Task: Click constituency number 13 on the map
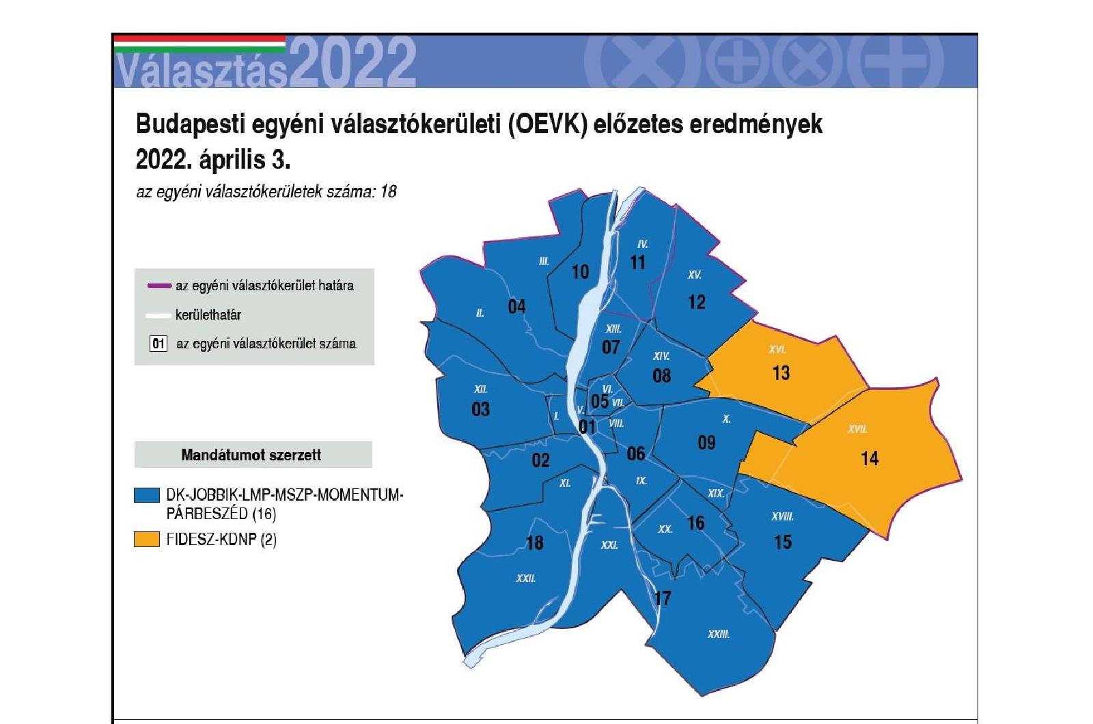pos(781,373)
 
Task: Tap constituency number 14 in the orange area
pos(870,458)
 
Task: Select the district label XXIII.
pos(718,635)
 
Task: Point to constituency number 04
pos(516,307)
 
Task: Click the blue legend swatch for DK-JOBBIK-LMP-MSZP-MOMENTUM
pos(147,495)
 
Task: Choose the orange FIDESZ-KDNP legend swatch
pos(147,539)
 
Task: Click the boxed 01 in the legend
pos(158,344)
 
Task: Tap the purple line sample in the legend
pos(159,286)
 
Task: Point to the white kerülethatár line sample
pos(158,316)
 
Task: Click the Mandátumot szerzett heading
pos(251,455)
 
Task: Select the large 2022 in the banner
pos(355,62)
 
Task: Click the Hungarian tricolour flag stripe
pos(199,44)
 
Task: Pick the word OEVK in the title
pos(549,124)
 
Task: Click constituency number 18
pos(535,543)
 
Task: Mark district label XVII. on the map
pos(857,430)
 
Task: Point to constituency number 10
pos(580,273)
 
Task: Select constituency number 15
pos(783,542)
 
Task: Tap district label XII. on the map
pos(481,389)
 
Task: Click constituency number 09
pos(706,443)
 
